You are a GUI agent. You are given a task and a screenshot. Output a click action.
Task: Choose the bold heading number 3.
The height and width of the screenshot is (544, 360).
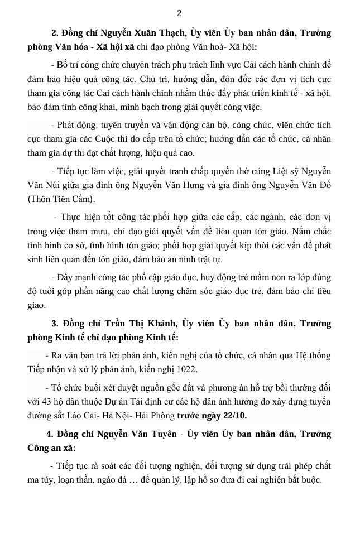point(54,323)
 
